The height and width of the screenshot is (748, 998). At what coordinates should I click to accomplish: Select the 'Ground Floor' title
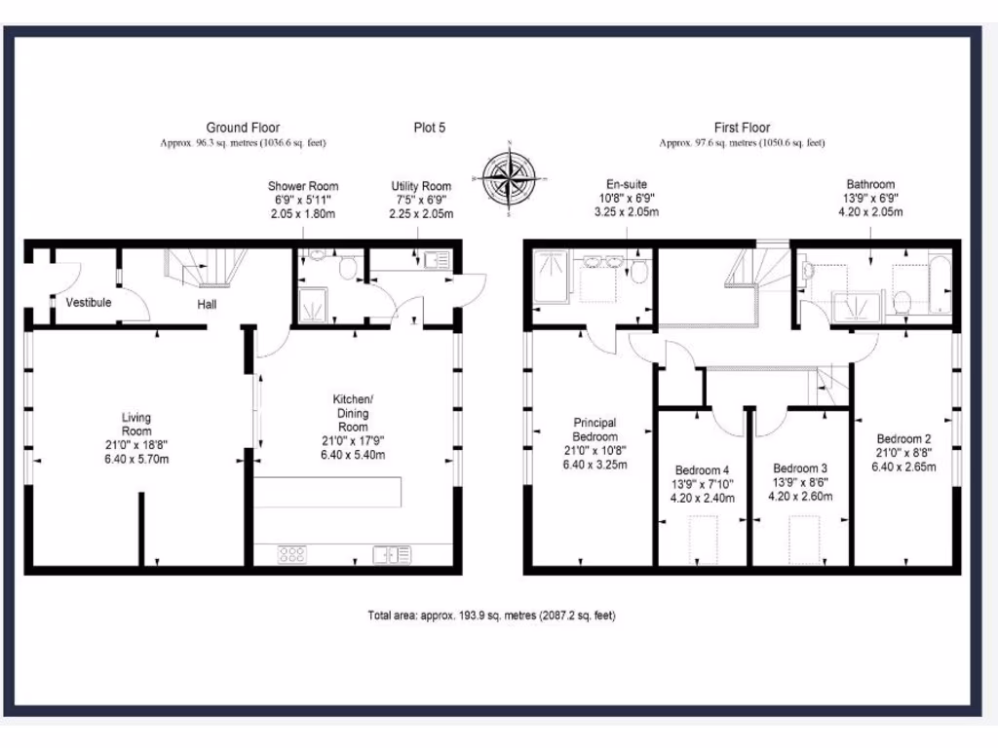pyautogui.click(x=243, y=128)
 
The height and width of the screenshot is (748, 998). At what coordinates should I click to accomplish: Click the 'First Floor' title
pyautogui.click(x=742, y=128)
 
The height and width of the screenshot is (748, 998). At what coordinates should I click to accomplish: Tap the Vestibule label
pyautogui.click(x=89, y=303)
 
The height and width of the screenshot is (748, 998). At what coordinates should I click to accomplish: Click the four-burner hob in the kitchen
pyautogui.click(x=292, y=554)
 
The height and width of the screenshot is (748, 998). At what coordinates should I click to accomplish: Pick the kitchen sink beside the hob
pyautogui.click(x=399, y=554)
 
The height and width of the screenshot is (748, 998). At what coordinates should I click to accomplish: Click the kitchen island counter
pyautogui.click(x=329, y=492)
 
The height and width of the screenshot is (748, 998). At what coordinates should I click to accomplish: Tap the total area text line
pyautogui.click(x=491, y=616)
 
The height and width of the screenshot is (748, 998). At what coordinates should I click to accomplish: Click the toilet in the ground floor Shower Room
pyautogui.click(x=346, y=270)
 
